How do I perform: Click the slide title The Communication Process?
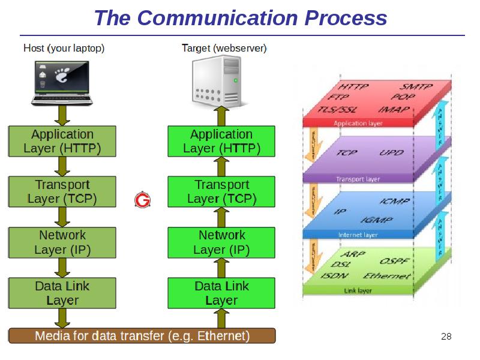tap(240, 18)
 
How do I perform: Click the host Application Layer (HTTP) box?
tap(62, 141)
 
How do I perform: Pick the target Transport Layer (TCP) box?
tap(221, 191)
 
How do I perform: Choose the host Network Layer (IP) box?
tap(62, 242)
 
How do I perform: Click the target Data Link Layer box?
tap(221, 293)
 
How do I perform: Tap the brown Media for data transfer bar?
tap(142, 336)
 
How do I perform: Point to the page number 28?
tap(446, 336)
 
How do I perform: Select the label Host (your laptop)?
tap(64, 48)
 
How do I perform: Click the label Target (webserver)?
tap(224, 48)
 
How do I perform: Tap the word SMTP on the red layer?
tap(416, 86)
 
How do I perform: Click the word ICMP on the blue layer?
tap(395, 202)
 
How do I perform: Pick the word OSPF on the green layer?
tap(396, 262)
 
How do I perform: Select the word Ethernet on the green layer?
tap(388, 276)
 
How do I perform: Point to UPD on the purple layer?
tap(391, 152)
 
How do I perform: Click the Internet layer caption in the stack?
tap(358, 235)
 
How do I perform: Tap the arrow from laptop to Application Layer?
tap(62, 114)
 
